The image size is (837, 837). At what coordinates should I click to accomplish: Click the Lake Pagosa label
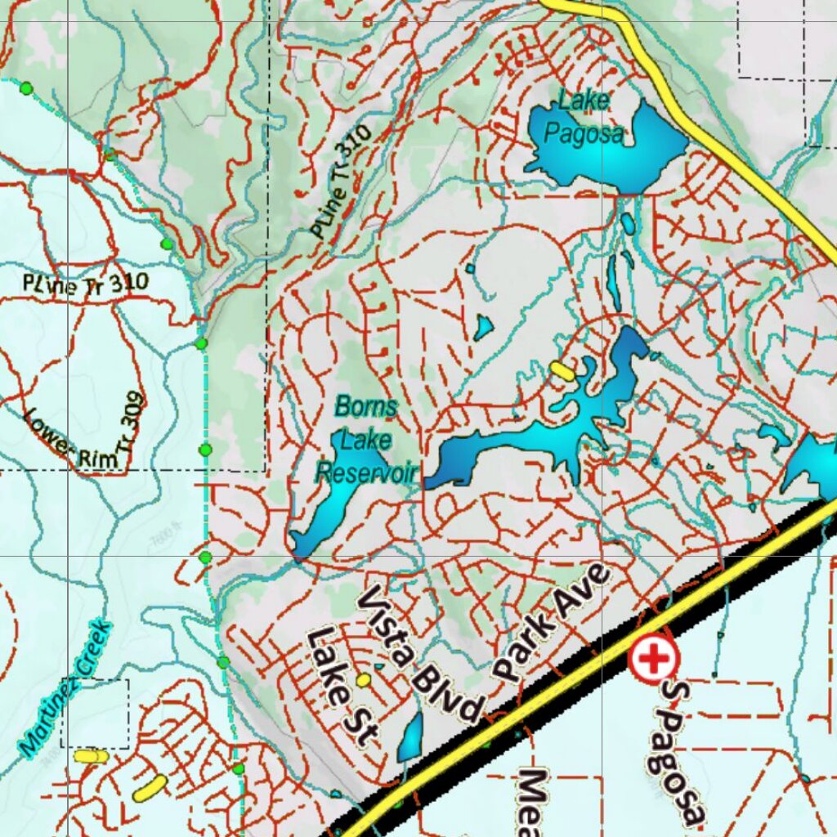[x=584, y=118]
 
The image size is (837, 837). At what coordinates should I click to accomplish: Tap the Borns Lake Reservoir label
[x=366, y=440]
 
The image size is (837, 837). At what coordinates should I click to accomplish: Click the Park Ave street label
[x=553, y=623]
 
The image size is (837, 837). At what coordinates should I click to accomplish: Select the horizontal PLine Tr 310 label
[x=85, y=284]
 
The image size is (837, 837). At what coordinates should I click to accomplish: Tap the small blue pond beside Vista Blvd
[x=410, y=736]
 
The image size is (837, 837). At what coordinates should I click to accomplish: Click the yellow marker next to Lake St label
[x=364, y=679]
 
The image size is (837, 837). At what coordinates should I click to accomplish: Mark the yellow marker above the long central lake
[x=562, y=370]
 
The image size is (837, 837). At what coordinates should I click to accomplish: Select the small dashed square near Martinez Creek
[x=95, y=713]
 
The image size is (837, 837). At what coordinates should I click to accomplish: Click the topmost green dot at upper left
[x=26, y=87]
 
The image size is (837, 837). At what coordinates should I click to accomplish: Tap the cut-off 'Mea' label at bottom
[x=533, y=801]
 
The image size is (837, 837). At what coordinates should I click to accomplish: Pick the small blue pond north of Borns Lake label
[x=483, y=328]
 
